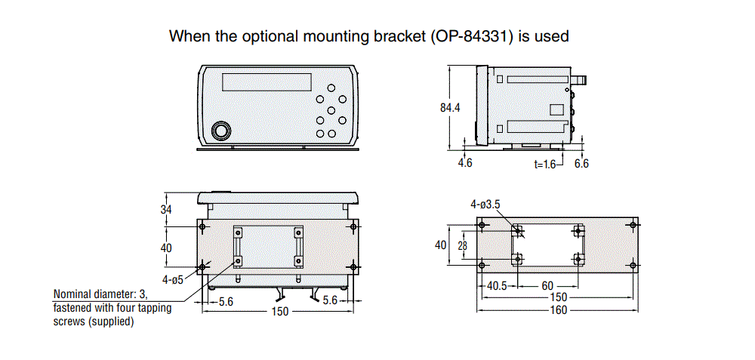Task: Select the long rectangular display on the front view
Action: tap(268, 81)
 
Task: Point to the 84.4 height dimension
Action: tap(450, 108)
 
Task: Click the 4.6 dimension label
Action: tap(465, 163)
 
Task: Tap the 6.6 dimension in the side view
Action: tap(581, 163)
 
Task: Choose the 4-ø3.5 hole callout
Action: tap(486, 204)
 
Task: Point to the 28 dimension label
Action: tap(462, 245)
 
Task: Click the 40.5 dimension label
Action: tap(495, 286)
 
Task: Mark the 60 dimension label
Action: tap(548, 286)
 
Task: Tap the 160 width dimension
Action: tap(559, 309)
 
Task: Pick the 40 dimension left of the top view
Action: tap(166, 247)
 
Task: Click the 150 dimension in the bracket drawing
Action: tap(559, 297)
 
